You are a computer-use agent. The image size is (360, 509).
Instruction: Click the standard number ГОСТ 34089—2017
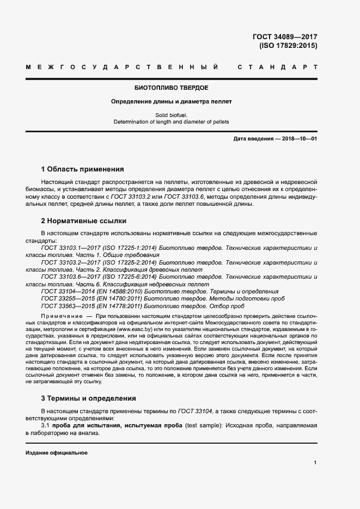(x=284, y=37)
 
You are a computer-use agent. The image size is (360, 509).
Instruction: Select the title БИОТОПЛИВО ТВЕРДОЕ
(x=171, y=88)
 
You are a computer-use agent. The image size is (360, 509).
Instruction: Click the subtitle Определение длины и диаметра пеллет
(x=171, y=102)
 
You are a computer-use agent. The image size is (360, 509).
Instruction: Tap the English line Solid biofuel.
(x=172, y=115)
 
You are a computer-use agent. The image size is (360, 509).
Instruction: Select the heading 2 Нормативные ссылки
(x=83, y=221)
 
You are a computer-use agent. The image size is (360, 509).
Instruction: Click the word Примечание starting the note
(x=60, y=316)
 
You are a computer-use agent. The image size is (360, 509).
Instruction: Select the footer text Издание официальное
(x=56, y=453)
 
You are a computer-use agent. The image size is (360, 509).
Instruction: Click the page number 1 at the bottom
(x=315, y=463)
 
